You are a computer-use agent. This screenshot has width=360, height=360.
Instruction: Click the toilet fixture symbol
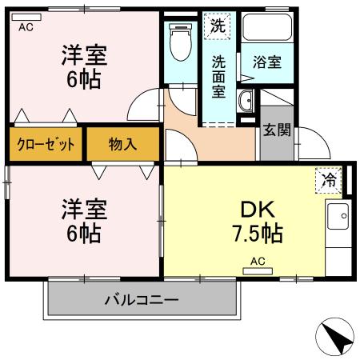[x=180, y=45]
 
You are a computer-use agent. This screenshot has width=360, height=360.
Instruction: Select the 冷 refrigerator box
[x=329, y=181]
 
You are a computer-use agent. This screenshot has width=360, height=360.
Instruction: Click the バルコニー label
[x=141, y=301]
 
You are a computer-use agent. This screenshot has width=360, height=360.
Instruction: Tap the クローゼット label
[x=46, y=145]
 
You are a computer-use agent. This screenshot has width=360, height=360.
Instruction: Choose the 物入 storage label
[x=122, y=145]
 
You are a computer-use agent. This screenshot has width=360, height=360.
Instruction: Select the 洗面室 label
[x=218, y=74]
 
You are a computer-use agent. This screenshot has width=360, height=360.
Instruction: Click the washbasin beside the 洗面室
[x=247, y=101]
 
